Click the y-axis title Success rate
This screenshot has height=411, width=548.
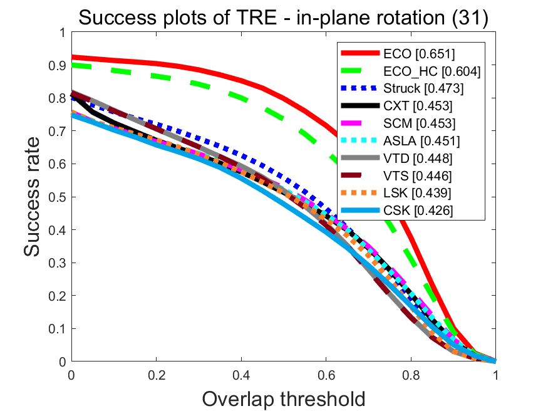click(35, 197)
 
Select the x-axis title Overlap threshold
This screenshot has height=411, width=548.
click(283, 398)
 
